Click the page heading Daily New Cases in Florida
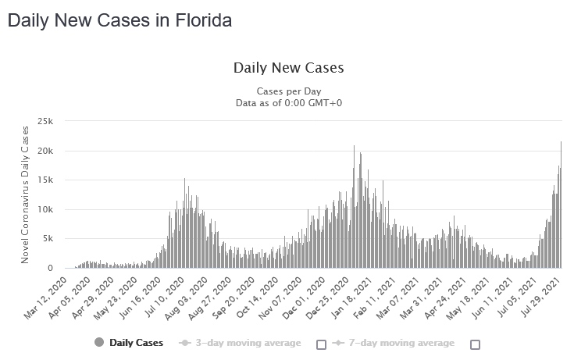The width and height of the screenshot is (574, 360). [x=119, y=21]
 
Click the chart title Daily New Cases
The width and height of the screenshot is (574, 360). [x=288, y=68]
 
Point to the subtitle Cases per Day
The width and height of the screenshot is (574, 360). [x=288, y=91]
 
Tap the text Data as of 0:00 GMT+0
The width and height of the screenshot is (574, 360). [x=288, y=102]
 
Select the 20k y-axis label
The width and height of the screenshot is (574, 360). [x=45, y=151]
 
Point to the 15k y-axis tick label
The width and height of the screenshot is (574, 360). [x=45, y=180]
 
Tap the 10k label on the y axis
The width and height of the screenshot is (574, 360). [x=45, y=209]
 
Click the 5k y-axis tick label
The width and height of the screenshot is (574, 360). [x=48, y=239]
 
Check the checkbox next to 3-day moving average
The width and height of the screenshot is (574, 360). [x=320, y=344]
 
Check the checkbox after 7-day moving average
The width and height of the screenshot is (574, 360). [x=475, y=344]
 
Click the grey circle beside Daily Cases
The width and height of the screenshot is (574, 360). [x=99, y=344]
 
